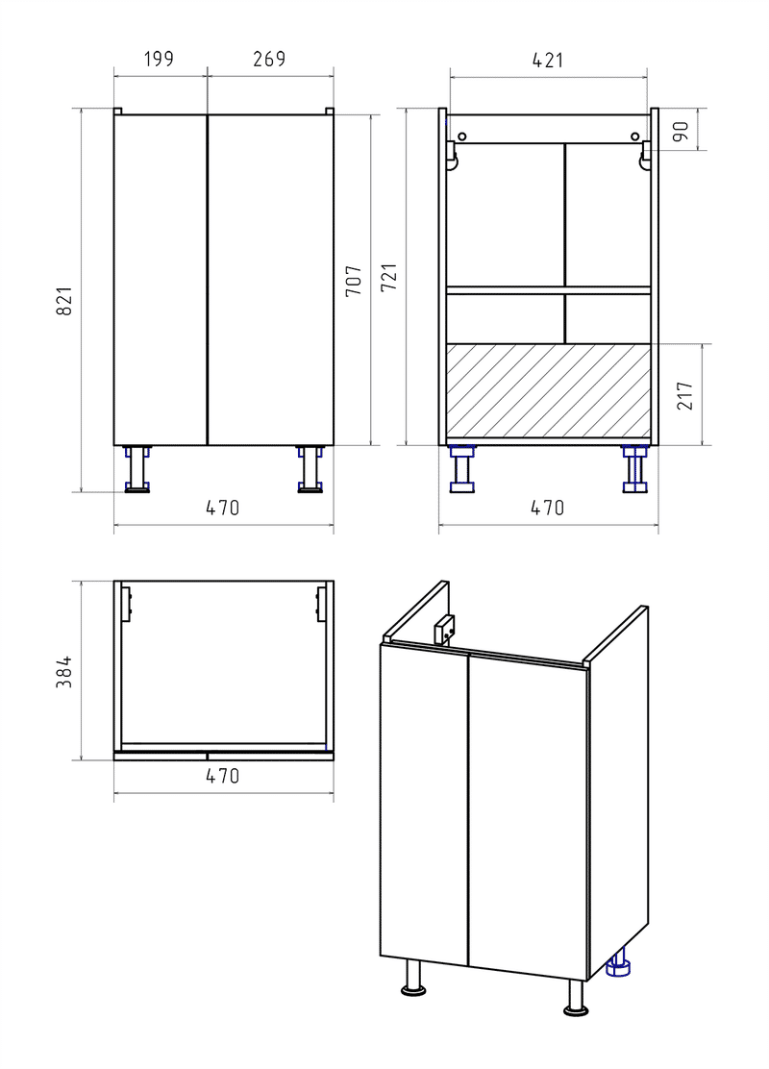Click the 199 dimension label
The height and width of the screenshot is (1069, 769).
click(159, 60)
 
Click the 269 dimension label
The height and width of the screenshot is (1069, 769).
click(269, 60)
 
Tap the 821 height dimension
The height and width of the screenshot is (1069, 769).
click(63, 300)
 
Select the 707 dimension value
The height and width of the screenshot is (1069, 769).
click(353, 280)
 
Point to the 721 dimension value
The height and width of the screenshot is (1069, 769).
click(388, 278)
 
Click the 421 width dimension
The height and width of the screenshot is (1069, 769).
click(548, 60)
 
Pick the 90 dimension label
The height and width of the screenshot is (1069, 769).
click(682, 130)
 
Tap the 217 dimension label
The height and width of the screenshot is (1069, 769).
click(685, 395)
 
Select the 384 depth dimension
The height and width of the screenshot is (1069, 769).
click(64, 672)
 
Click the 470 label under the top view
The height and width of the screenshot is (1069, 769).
click(222, 776)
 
